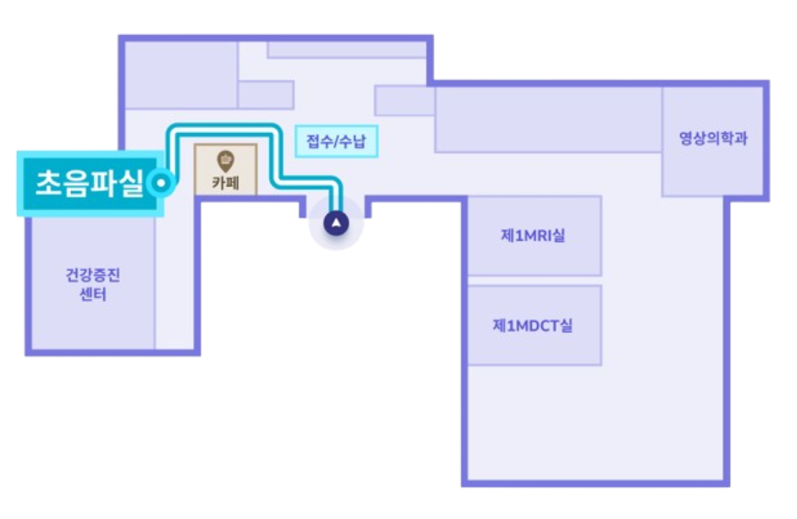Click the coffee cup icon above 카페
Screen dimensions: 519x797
(225, 159)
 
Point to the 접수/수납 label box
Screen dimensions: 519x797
(337, 141)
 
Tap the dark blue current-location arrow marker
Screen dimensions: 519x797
(337, 224)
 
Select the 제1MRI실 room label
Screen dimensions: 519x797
(533, 235)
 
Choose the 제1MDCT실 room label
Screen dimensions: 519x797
(533, 325)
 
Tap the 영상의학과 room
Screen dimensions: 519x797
(716, 165)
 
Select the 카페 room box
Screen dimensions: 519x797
(225, 169)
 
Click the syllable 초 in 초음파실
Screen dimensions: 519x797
(48, 182)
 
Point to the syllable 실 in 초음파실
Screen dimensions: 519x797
(130, 182)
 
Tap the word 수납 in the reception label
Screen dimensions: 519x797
(354, 141)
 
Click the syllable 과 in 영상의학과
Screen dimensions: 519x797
(740, 138)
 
